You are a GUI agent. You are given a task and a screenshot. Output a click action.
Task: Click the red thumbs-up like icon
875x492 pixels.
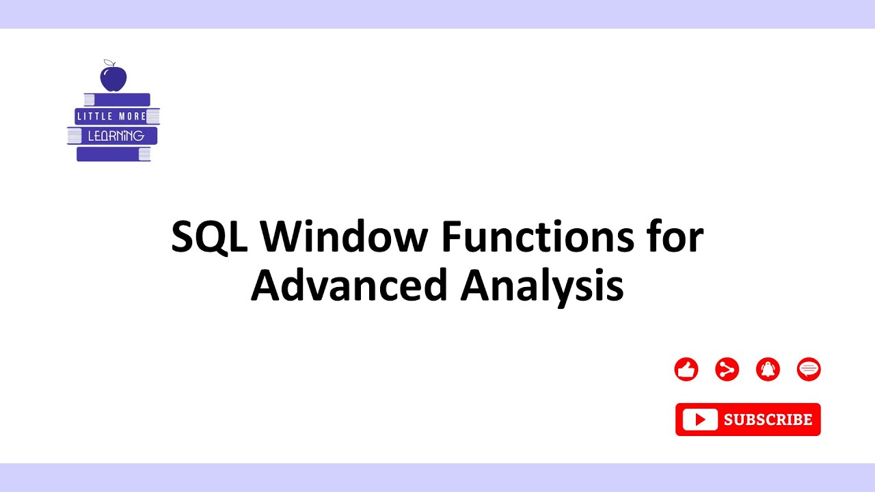(686, 370)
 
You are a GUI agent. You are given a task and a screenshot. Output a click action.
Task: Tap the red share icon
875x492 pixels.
(727, 370)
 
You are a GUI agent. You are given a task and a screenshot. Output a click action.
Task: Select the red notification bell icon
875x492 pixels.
(768, 370)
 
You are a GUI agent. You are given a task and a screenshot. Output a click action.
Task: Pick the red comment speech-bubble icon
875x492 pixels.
(809, 370)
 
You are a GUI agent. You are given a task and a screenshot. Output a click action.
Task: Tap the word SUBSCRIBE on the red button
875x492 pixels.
(768, 420)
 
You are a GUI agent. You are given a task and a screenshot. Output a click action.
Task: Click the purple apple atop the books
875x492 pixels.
(113, 78)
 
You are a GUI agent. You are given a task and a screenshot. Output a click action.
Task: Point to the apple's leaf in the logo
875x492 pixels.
(107, 63)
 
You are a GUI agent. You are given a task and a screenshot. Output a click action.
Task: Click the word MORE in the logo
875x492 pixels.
(133, 116)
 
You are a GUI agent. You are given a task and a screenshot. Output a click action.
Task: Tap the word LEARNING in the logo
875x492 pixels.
(116, 135)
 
